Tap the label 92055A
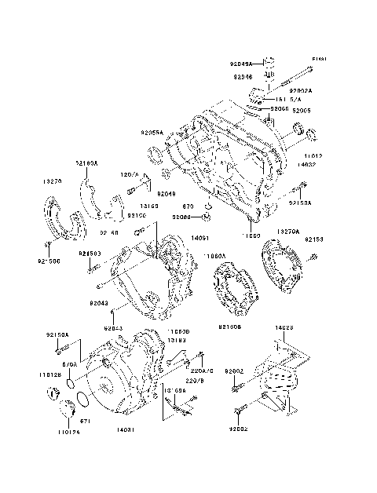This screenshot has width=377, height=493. click(x=152, y=133)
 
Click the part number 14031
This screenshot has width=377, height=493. click(x=126, y=431)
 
